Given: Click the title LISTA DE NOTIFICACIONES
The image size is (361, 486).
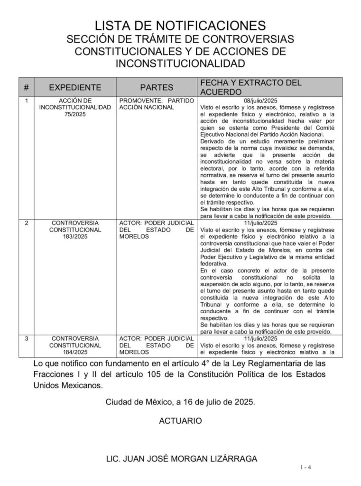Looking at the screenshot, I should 180,25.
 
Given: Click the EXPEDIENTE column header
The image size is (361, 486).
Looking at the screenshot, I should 75,87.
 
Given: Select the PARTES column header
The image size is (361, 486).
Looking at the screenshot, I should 157,87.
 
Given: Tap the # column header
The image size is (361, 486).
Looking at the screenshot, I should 26,87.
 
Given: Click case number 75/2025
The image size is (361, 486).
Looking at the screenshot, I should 75,114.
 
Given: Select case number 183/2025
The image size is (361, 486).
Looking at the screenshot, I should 75,236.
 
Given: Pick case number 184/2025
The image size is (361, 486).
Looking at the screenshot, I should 75,352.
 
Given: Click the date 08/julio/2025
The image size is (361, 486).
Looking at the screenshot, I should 260,101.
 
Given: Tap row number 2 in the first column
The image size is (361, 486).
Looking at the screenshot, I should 26,223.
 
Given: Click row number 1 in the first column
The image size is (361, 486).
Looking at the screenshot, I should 26,101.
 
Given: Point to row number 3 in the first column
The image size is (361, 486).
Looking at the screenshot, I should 26,338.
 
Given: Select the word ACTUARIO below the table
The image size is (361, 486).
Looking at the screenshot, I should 180,421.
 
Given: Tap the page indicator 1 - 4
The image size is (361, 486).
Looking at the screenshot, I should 305,467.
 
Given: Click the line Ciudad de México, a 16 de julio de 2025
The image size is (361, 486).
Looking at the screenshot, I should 180,402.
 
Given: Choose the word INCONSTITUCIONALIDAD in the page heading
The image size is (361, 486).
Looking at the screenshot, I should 180,63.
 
